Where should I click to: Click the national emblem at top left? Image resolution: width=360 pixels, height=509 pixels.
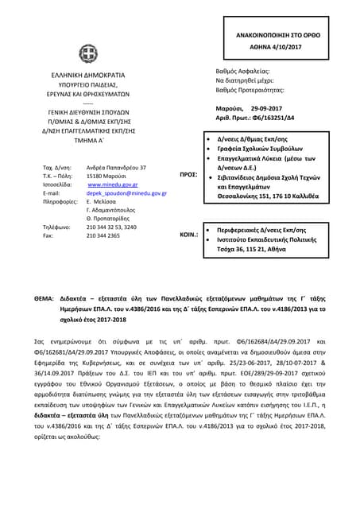[x=87, y=54]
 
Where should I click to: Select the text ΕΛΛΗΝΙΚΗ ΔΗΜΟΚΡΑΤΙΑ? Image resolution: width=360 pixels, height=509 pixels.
[x=87, y=74]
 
